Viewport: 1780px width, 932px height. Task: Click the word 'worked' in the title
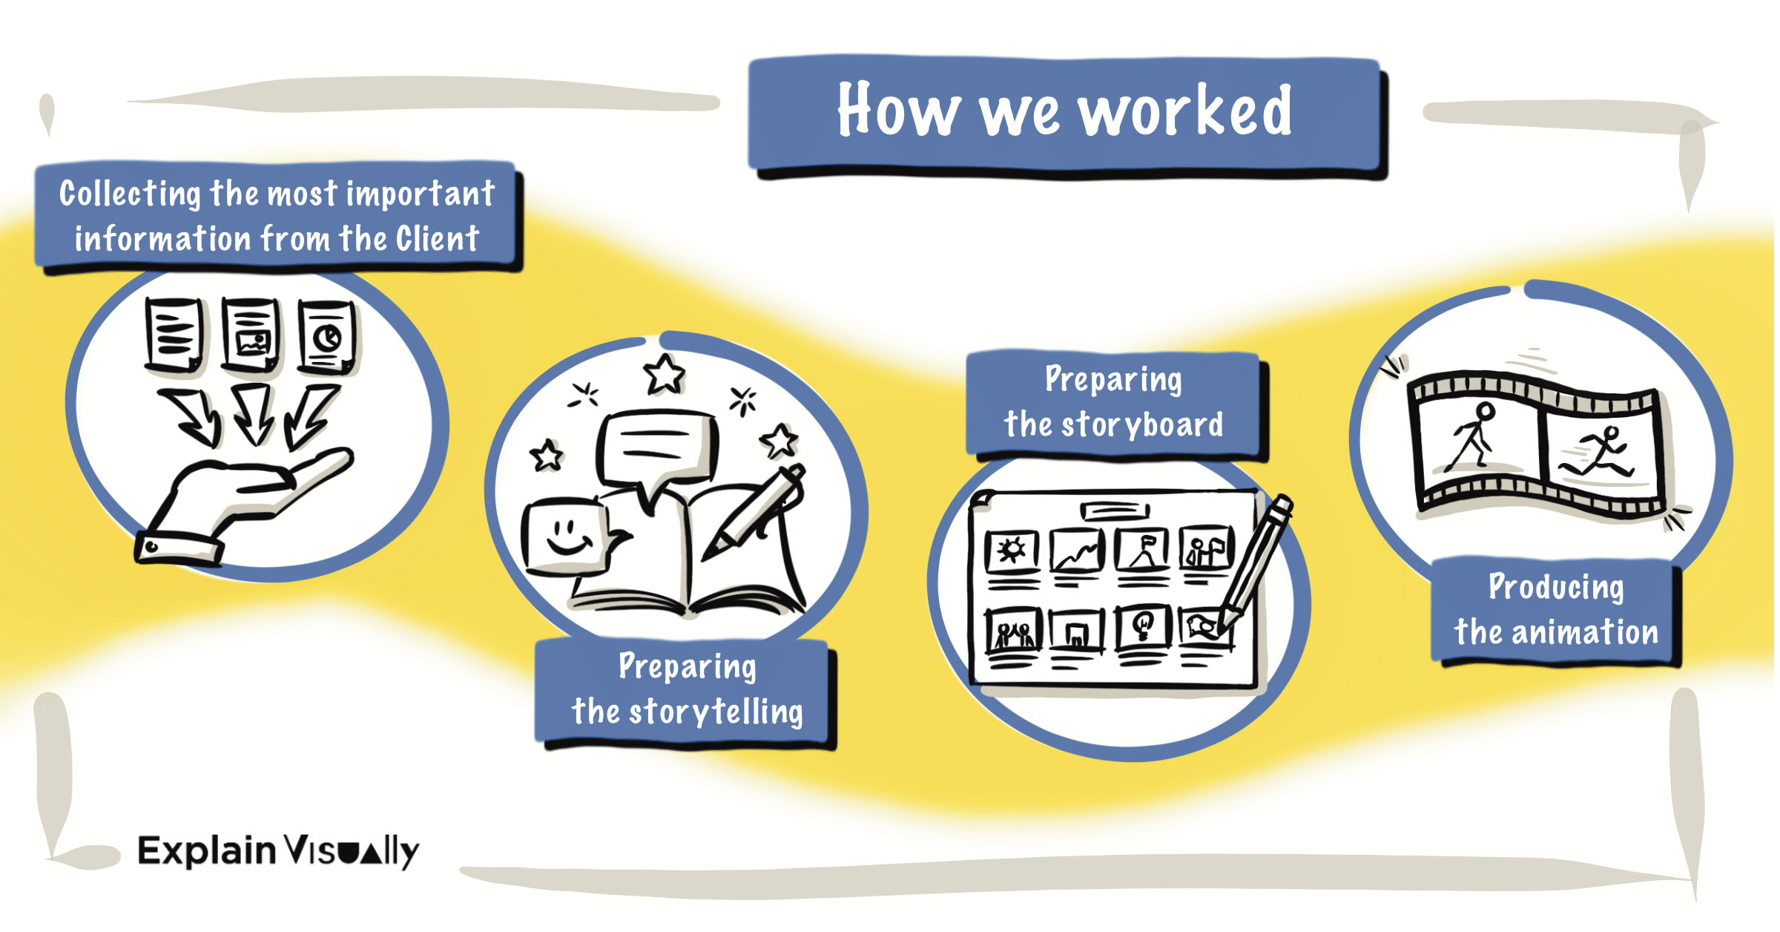[x=1184, y=111]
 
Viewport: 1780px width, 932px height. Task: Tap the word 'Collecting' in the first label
[x=130, y=194]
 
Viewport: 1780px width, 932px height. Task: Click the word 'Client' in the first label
[x=438, y=239]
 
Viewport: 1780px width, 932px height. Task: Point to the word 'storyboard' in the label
[x=1142, y=424]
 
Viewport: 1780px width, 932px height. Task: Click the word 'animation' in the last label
[x=1584, y=632]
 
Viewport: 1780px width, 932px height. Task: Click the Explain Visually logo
[x=278, y=850]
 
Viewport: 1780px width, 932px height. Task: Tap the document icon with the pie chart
[x=326, y=337]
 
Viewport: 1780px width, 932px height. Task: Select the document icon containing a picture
[x=251, y=335]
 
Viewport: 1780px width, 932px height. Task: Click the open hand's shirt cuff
[x=178, y=549]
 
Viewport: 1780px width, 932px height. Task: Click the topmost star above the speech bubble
[x=664, y=374]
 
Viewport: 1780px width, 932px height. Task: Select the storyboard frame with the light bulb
[x=1143, y=626]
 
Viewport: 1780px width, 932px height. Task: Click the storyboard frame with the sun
[x=1011, y=551]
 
